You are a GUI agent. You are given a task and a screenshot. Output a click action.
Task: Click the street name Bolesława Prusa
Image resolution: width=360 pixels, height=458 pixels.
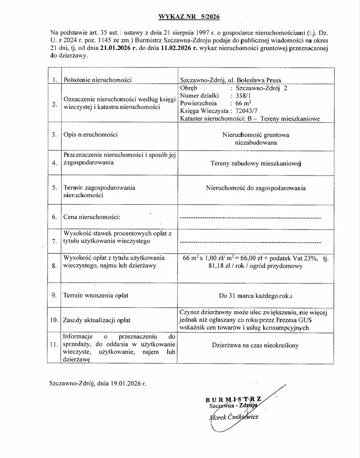tap(259, 80)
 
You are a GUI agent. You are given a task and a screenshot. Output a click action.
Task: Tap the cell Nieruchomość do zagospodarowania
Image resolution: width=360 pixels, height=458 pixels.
tap(255, 188)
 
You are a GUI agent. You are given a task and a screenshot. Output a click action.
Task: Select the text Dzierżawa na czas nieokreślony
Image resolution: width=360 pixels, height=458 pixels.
tap(255, 346)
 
